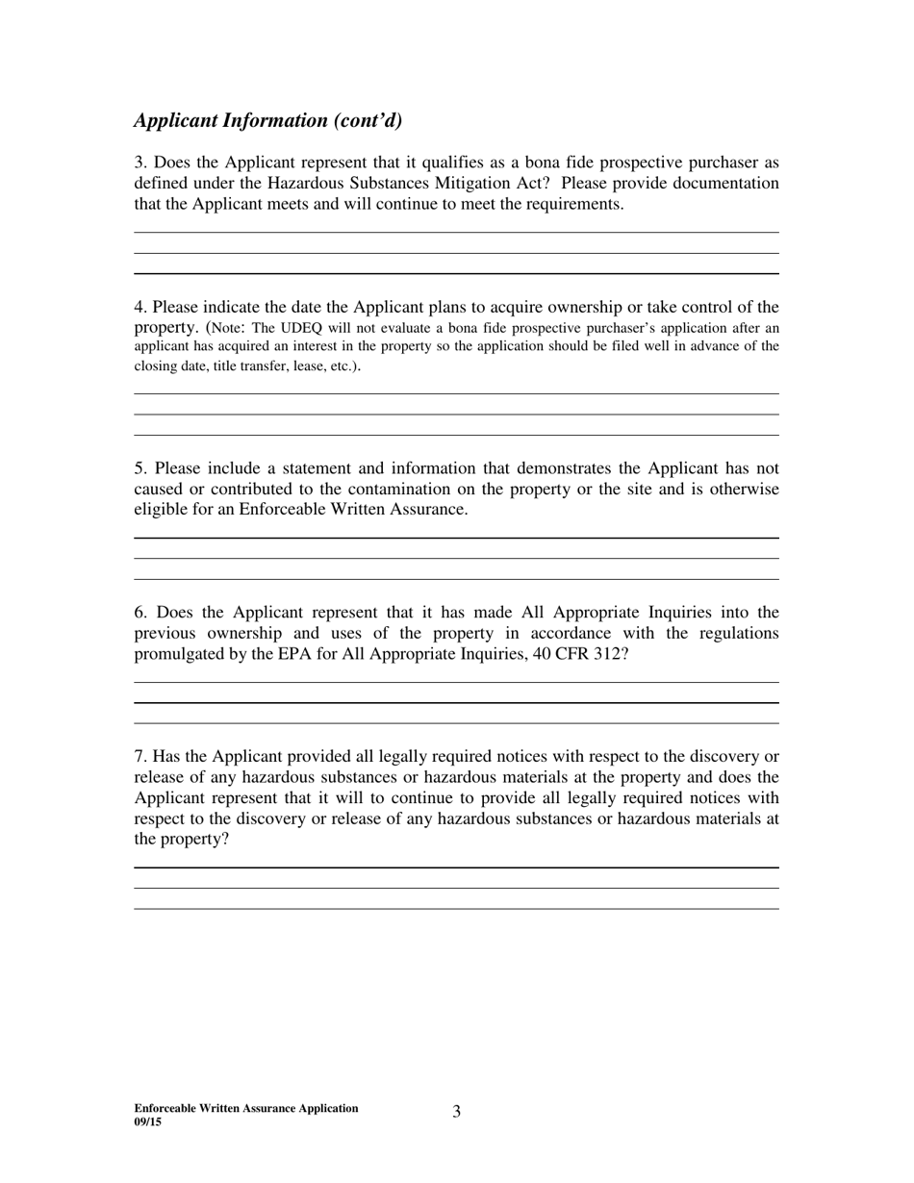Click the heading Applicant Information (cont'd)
coord(267,120)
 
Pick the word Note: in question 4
coord(229,328)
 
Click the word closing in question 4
coord(156,366)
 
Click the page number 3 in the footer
coord(456,1112)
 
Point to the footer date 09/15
coord(148,1121)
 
